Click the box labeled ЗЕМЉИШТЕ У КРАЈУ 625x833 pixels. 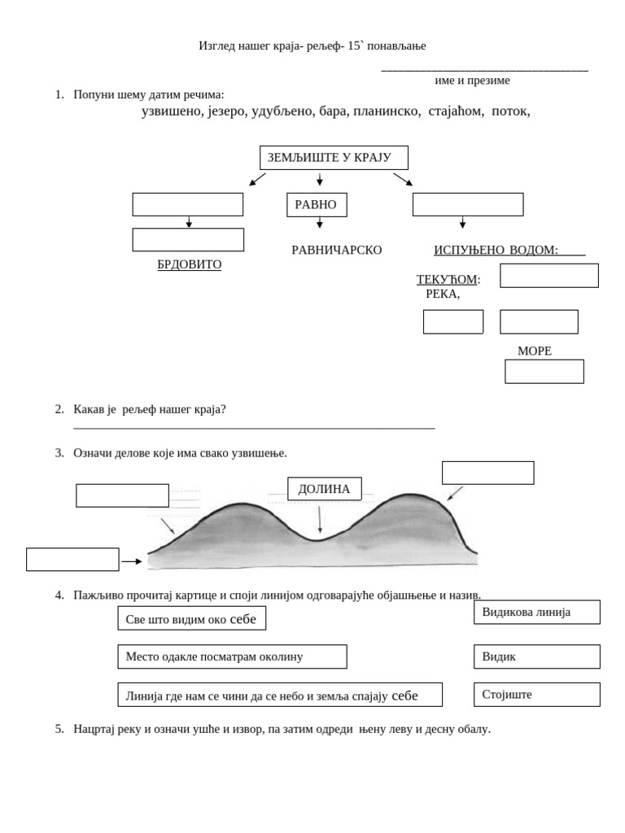click(x=334, y=158)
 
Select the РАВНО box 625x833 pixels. click(x=317, y=205)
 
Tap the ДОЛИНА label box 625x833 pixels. click(x=324, y=489)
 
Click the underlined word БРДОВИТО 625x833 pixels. click(x=189, y=265)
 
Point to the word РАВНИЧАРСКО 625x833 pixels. click(x=336, y=250)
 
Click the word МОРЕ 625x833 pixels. click(x=535, y=351)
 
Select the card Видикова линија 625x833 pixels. click(x=536, y=613)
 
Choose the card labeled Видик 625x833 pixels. click(x=536, y=656)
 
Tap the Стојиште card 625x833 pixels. click(x=536, y=695)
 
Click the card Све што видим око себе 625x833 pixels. click(x=191, y=619)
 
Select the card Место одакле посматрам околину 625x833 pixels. click(x=232, y=656)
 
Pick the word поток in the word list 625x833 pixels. click(x=510, y=111)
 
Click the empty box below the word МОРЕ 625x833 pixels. click(x=544, y=372)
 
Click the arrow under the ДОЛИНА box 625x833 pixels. click(x=320, y=519)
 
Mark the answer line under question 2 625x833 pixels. click(x=254, y=428)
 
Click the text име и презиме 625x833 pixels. click(x=473, y=81)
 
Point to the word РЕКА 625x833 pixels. click(x=442, y=294)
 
